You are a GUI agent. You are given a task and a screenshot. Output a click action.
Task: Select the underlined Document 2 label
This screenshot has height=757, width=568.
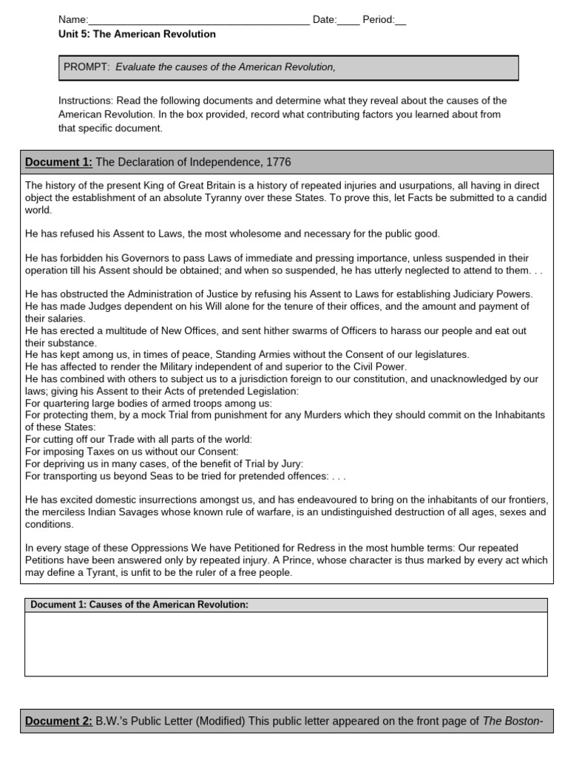58,721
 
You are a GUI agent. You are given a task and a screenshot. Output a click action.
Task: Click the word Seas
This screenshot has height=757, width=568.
159,475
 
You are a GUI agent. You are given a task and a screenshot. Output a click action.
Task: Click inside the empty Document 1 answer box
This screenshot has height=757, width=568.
286,643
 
